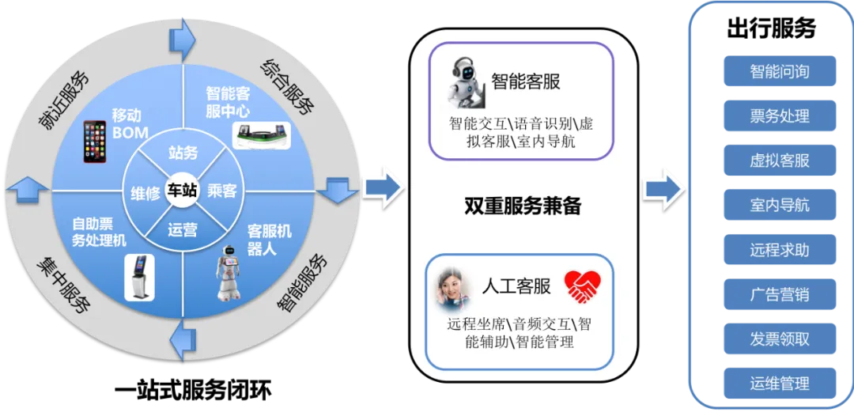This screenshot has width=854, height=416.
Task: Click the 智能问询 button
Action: click(x=779, y=71)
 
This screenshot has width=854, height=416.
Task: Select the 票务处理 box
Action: click(x=779, y=116)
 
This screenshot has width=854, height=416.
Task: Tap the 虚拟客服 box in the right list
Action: click(x=779, y=161)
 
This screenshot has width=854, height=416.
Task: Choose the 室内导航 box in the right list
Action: click(x=779, y=206)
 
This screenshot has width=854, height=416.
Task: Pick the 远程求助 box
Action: click(x=779, y=250)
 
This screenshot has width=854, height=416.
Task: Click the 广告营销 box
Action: click(x=779, y=295)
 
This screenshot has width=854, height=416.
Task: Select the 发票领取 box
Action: click(x=779, y=339)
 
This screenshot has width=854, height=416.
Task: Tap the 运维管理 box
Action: click(x=779, y=384)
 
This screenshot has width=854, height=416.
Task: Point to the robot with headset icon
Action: click(x=467, y=80)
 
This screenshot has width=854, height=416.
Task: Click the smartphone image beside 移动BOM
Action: click(x=95, y=142)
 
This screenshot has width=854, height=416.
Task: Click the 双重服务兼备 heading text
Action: click(x=523, y=206)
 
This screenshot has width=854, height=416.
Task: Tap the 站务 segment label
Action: click(x=183, y=153)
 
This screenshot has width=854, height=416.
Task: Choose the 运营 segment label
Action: click(x=183, y=230)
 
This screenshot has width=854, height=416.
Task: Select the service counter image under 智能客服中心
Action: click(x=262, y=134)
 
